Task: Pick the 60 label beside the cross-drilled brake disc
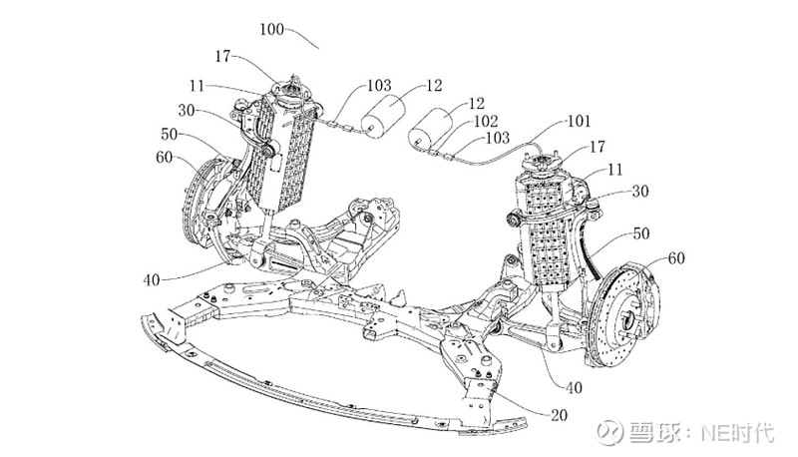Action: (675, 258)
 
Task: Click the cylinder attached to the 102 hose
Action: (431, 130)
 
